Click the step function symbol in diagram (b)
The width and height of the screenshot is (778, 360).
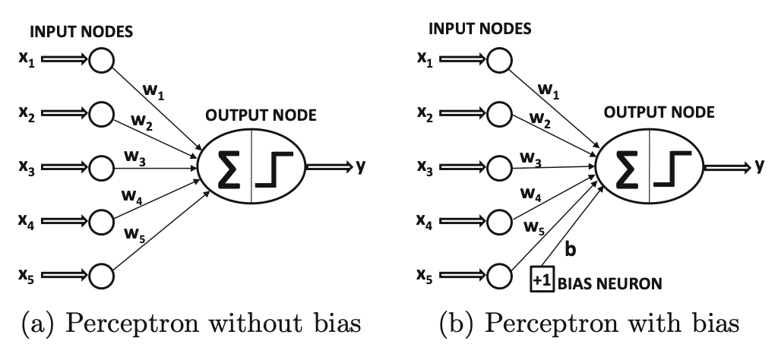(x=671, y=168)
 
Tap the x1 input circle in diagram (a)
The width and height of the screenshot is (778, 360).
(x=100, y=59)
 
